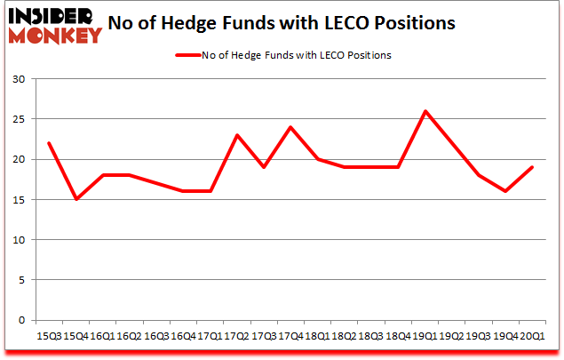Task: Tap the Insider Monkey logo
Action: click(x=56, y=24)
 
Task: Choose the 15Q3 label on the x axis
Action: click(x=49, y=337)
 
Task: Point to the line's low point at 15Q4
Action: click(x=76, y=199)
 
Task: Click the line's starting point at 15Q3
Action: click(x=49, y=143)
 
